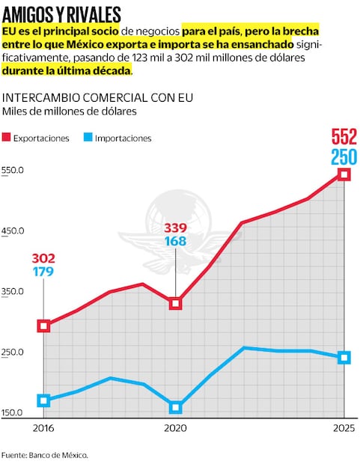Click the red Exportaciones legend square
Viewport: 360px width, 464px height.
pyautogui.click(x=7, y=138)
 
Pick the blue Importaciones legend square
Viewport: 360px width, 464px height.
pyautogui.click(x=88, y=138)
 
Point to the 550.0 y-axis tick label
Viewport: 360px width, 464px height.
pyautogui.click(x=13, y=171)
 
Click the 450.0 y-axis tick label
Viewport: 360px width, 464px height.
pyautogui.click(x=13, y=231)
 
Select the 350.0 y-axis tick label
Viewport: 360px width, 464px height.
pyautogui.click(x=13, y=292)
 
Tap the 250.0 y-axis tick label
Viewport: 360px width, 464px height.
pyautogui.click(x=13, y=352)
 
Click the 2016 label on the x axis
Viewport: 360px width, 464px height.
pyautogui.click(x=43, y=428)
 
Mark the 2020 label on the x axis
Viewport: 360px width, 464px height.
pyautogui.click(x=175, y=428)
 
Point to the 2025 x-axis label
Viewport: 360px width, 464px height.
pyautogui.click(x=344, y=428)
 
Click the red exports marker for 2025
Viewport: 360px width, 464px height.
pyautogui.click(x=344, y=174)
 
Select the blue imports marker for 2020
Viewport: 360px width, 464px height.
pyautogui.click(x=176, y=407)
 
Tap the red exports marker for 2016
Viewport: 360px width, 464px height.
pyautogui.click(x=44, y=326)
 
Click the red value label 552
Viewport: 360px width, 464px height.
pyautogui.click(x=344, y=138)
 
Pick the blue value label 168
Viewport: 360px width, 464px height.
pyautogui.click(x=175, y=242)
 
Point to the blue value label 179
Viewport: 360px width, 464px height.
pyautogui.click(x=43, y=272)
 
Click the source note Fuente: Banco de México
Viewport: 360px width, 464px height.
pyautogui.click(x=44, y=454)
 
